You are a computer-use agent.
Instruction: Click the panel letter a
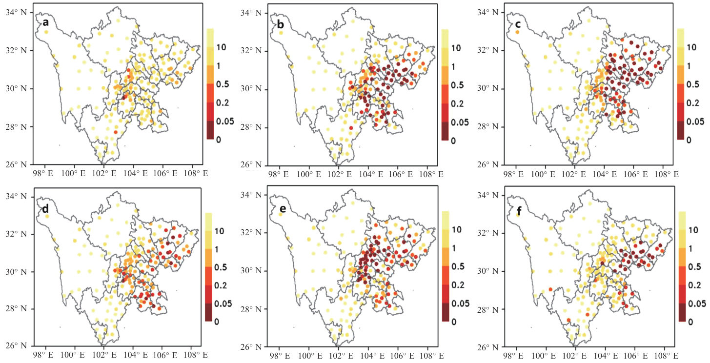pos(45,22)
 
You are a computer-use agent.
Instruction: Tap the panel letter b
pos(280,22)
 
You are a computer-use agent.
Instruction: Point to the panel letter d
pos(45,208)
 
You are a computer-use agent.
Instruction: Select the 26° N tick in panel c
pos(490,164)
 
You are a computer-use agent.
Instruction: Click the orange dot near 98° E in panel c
pos(517,32)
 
